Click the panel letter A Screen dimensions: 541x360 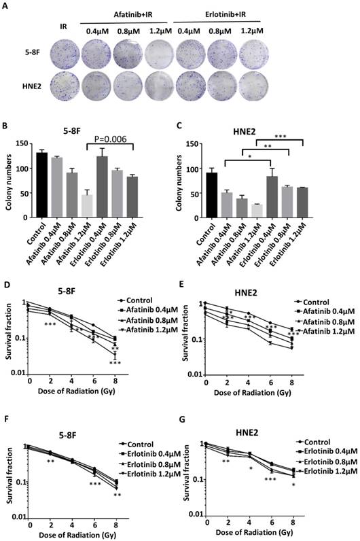pyautogui.click(x=7, y=6)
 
